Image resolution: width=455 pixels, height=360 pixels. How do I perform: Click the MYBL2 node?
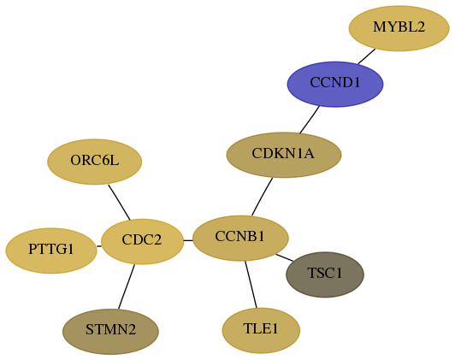click(399, 28)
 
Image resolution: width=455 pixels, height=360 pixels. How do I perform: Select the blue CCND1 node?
click(335, 84)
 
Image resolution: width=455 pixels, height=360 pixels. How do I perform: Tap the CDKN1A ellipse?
click(284, 155)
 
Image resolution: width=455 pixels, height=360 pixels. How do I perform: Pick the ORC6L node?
click(95, 162)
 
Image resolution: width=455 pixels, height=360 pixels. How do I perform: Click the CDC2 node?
click(143, 241)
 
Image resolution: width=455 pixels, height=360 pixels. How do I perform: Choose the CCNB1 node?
click(240, 239)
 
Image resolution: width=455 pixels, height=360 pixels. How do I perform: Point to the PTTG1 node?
click(51, 251)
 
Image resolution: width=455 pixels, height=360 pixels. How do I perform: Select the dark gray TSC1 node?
click(325, 274)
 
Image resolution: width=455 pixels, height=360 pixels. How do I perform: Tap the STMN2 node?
click(110, 332)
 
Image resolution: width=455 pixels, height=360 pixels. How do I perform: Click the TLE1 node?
click(261, 331)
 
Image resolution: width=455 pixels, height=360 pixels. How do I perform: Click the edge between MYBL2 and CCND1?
click(367, 56)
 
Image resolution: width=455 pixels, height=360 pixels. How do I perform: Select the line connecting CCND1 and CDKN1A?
click(310, 120)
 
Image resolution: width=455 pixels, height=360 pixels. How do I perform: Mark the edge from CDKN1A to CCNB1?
click(262, 197)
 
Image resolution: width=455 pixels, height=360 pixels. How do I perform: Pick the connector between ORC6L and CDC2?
click(119, 202)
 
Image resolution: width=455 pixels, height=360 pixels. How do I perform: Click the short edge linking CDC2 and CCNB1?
click(188, 240)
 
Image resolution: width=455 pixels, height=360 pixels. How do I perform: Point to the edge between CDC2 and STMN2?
click(127, 287)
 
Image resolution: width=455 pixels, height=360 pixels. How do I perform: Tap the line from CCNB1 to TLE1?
click(251, 285)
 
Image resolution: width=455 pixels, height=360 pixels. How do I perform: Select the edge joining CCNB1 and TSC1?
click(284, 257)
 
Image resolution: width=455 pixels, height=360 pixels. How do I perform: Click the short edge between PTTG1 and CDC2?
click(99, 246)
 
